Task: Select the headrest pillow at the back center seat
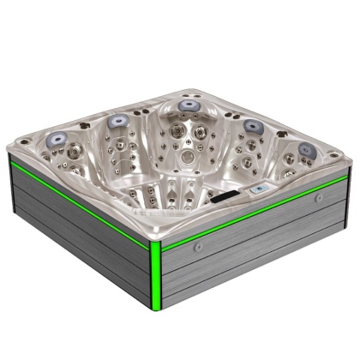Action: (x=188, y=105)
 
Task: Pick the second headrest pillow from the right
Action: (x=253, y=125)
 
